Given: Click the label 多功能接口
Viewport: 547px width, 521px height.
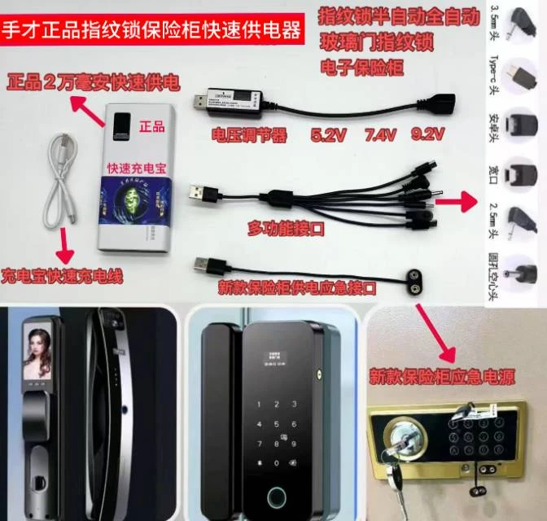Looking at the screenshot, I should pos(285,230).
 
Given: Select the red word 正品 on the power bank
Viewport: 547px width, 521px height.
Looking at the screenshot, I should pos(151,126).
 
